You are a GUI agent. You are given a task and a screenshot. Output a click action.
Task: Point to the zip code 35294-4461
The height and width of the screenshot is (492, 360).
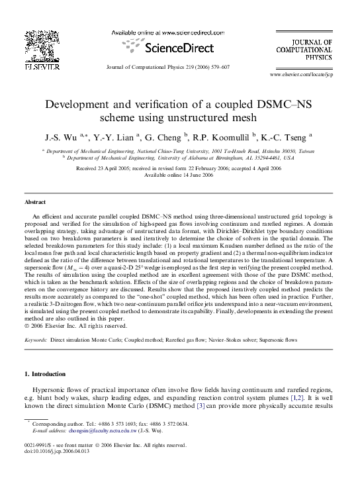(267, 158)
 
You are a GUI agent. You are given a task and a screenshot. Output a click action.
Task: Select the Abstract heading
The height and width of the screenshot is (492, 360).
(35, 202)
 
